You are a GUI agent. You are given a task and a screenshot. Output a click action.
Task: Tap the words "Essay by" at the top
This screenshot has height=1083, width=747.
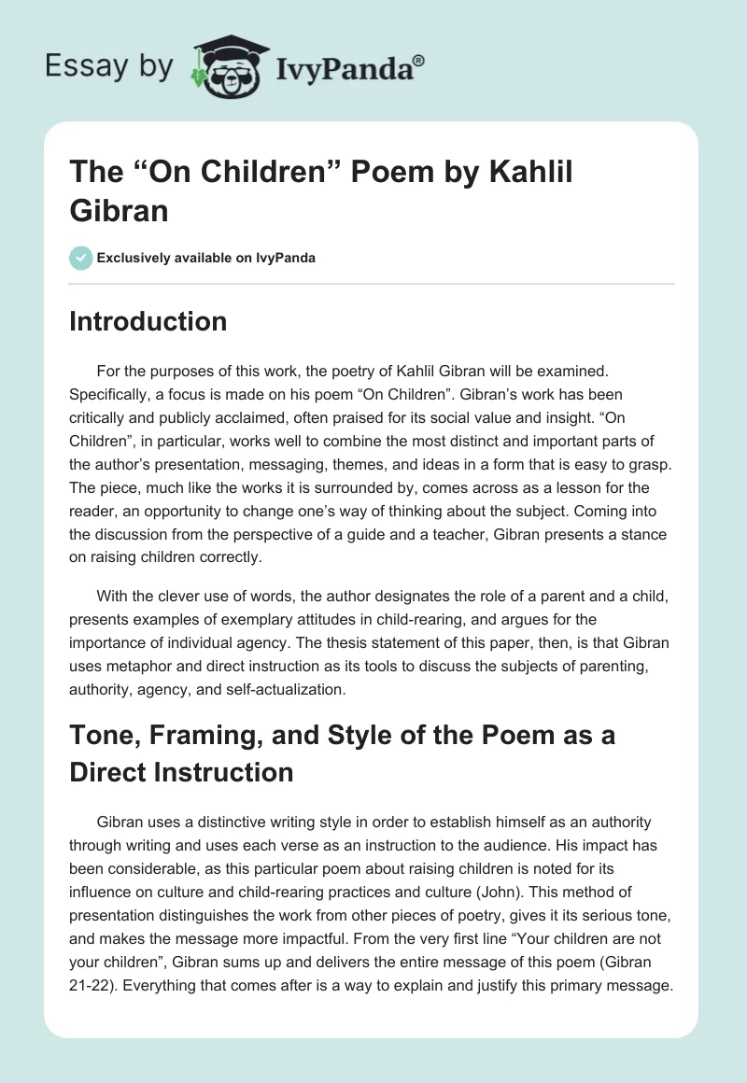click(x=109, y=66)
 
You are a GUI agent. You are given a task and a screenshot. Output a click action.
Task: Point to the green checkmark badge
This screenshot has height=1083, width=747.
click(x=81, y=258)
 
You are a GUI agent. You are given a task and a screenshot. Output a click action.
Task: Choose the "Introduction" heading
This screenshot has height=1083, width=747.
click(x=148, y=322)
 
